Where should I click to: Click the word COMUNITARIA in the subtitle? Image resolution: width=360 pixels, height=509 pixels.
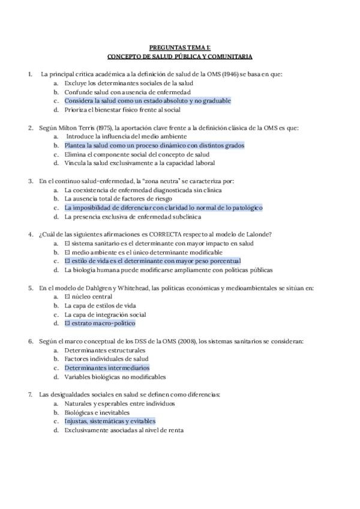point(230,56)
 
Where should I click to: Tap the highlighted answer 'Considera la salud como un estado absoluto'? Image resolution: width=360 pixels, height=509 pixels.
point(147,101)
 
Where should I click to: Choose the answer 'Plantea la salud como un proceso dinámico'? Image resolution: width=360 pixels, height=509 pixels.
point(154,145)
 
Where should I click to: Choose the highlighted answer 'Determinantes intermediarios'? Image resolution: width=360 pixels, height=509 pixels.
point(106,367)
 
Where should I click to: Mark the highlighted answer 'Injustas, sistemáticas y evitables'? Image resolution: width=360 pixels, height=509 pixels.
point(109,421)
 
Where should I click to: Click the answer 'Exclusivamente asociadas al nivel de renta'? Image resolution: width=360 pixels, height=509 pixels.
point(124,430)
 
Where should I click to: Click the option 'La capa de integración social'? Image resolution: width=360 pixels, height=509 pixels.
point(105,315)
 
